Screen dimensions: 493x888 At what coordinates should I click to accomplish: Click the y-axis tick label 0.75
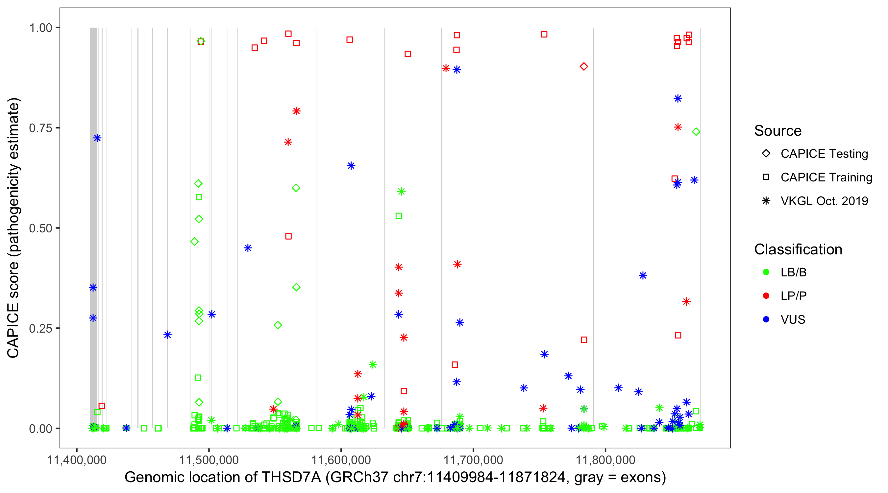point(40,128)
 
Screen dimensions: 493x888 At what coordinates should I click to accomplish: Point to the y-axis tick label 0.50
point(40,228)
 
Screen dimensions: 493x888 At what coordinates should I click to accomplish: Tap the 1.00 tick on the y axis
point(40,28)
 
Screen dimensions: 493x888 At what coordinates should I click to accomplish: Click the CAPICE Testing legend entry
point(824,154)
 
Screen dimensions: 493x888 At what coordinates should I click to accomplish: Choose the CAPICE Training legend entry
point(826,177)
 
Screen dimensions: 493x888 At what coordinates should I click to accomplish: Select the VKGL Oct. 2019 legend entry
point(824,201)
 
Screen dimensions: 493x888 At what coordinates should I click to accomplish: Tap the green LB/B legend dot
point(766,272)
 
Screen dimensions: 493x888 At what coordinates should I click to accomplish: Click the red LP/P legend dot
point(766,296)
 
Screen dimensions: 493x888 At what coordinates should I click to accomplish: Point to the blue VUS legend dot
point(766,319)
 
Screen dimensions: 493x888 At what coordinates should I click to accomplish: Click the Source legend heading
point(778,131)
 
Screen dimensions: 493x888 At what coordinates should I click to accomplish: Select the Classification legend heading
point(798,249)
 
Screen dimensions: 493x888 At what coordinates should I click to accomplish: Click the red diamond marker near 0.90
point(583,66)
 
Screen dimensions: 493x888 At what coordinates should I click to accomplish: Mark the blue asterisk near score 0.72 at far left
point(97,138)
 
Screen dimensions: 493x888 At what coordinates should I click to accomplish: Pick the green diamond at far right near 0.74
point(696,131)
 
